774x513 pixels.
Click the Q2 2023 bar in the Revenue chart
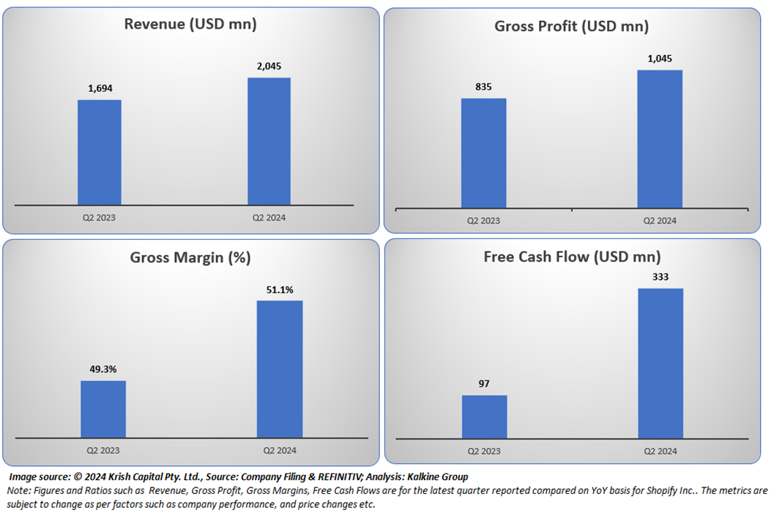point(100,152)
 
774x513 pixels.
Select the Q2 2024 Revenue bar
point(269,141)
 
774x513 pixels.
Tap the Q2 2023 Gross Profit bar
point(483,153)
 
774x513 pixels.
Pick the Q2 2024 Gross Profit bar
point(660,139)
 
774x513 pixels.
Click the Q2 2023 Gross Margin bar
point(103,409)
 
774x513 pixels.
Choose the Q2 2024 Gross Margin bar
point(280,369)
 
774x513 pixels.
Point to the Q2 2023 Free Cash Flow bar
point(484,416)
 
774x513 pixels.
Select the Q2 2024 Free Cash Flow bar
point(660,363)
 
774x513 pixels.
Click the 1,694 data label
point(100,89)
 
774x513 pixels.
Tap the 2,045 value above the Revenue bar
point(269,66)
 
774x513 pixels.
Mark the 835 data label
point(483,86)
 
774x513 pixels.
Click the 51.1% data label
point(279,289)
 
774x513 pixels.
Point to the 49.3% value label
point(103,369)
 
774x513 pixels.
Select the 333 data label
point(660,277)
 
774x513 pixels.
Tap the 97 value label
point(484,383)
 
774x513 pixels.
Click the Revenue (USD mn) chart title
point(190,24)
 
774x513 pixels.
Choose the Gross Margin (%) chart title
point(190,257)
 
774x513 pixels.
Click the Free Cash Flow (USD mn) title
point(572,257)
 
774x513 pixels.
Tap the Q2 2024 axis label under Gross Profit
point(660,221)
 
